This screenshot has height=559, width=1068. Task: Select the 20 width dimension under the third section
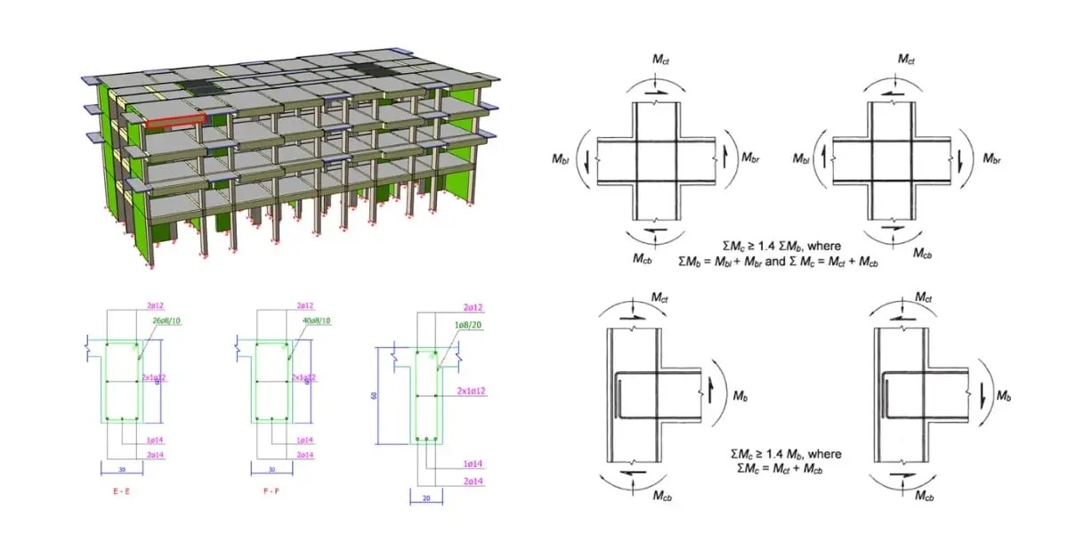[x=426, y=498]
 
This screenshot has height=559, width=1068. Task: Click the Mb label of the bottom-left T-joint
[x=742, y=393]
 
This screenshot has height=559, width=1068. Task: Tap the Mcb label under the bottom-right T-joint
[x=924, y=496]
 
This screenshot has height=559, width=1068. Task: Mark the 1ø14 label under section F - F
[x=306, y=440]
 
